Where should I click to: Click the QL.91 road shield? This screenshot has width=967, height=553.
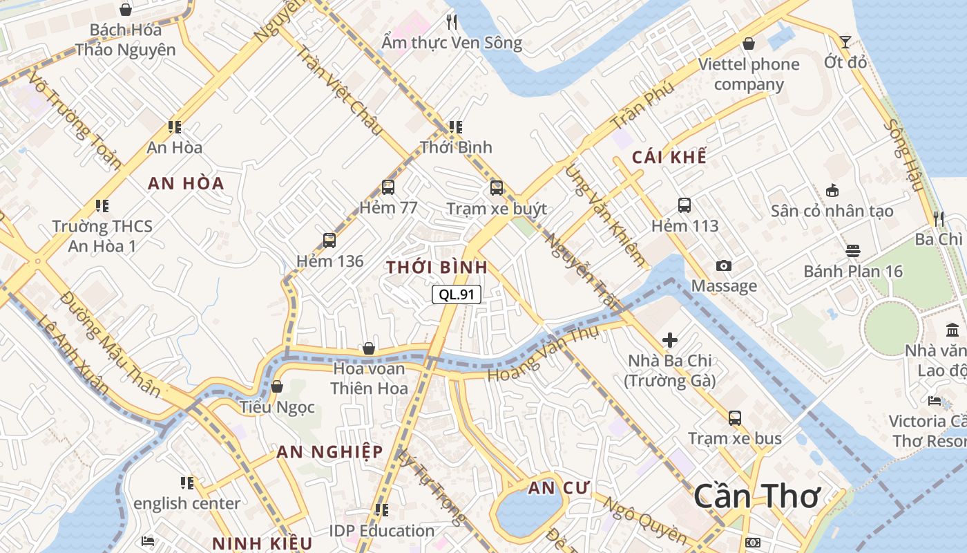[457, 294]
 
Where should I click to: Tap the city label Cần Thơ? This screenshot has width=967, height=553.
[756, 496]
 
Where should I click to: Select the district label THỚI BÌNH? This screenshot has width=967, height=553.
[437, 268]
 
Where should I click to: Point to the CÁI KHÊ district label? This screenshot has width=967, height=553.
[669, 158]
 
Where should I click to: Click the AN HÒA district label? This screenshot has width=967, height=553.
[186, 183]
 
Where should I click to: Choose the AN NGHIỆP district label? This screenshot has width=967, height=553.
[329, 452]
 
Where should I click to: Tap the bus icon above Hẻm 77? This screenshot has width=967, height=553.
[387, 187]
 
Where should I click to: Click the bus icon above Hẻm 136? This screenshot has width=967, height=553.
[329, 241]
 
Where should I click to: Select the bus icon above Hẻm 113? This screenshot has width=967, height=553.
[684, 205]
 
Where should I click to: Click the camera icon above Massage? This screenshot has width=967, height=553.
[723, 266]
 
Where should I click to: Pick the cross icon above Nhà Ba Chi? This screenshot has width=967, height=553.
[669, 340]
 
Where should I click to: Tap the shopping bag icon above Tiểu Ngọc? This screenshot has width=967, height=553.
[277, 386]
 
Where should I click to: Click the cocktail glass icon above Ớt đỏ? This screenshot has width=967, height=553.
[845, 41]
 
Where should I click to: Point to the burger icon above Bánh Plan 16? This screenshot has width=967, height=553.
[852, 251]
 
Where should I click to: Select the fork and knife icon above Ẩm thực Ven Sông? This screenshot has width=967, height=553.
[452, 22]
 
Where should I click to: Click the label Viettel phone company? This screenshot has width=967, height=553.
[749, 74]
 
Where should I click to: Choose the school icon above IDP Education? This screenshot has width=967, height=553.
[381, 510]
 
